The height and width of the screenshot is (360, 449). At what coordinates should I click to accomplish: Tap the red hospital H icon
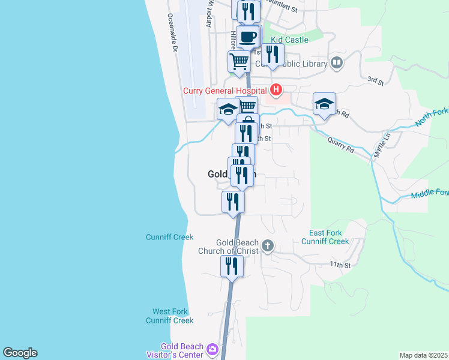pyautogui.click(x=276, y=91)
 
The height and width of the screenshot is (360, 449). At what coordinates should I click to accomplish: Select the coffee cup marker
pyautogui.click(x=247, y=37)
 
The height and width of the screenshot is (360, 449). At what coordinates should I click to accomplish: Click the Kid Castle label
pyautogui.click(x=289, y=40)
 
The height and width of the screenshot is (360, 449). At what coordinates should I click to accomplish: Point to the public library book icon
pyautogui.click(x=337, y=63)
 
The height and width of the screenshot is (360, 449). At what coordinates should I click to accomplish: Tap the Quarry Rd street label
pyautogui.click(x=342, y=146)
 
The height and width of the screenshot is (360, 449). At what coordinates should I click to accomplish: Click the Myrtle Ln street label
pyautogui.click(x=380, y=145)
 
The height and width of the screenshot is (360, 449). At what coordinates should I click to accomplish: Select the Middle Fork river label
pyautogui.click(x=429, y=194)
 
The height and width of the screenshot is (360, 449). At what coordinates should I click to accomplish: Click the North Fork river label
pyautogui.click(x=431, y=118)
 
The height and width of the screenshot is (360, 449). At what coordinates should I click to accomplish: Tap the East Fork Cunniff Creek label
pyautogui.click(x=328, y=237)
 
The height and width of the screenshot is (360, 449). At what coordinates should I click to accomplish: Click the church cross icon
pyautogui.click(x=268, y=246)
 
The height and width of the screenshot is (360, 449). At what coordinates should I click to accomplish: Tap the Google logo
pyautogui.click(x=20, y=353)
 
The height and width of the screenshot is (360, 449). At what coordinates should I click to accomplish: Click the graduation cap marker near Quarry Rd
pyautogui.click(x=324, y=104)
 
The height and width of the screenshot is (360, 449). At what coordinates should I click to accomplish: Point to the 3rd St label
pyautogui.click(x=375, y=80)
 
